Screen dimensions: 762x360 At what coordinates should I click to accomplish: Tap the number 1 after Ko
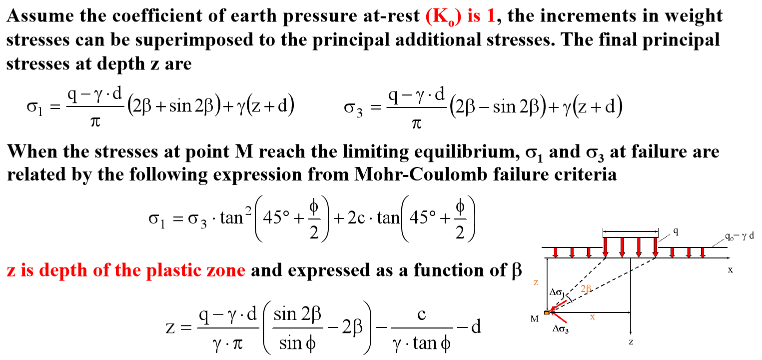491,16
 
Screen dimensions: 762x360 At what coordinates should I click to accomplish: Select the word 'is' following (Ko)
473,16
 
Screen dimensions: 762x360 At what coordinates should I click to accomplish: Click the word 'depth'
61,270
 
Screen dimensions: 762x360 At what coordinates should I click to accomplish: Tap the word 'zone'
228,270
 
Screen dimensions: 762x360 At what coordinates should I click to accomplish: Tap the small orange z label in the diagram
536,282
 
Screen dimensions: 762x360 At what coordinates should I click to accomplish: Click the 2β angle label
586,289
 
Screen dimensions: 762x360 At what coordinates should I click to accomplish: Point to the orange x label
593,316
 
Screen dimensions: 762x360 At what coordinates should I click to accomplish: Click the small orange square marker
547,313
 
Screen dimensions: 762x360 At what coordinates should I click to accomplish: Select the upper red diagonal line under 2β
560,304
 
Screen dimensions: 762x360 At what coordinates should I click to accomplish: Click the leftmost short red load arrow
555,252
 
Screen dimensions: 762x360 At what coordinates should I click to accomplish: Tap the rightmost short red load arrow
703,252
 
